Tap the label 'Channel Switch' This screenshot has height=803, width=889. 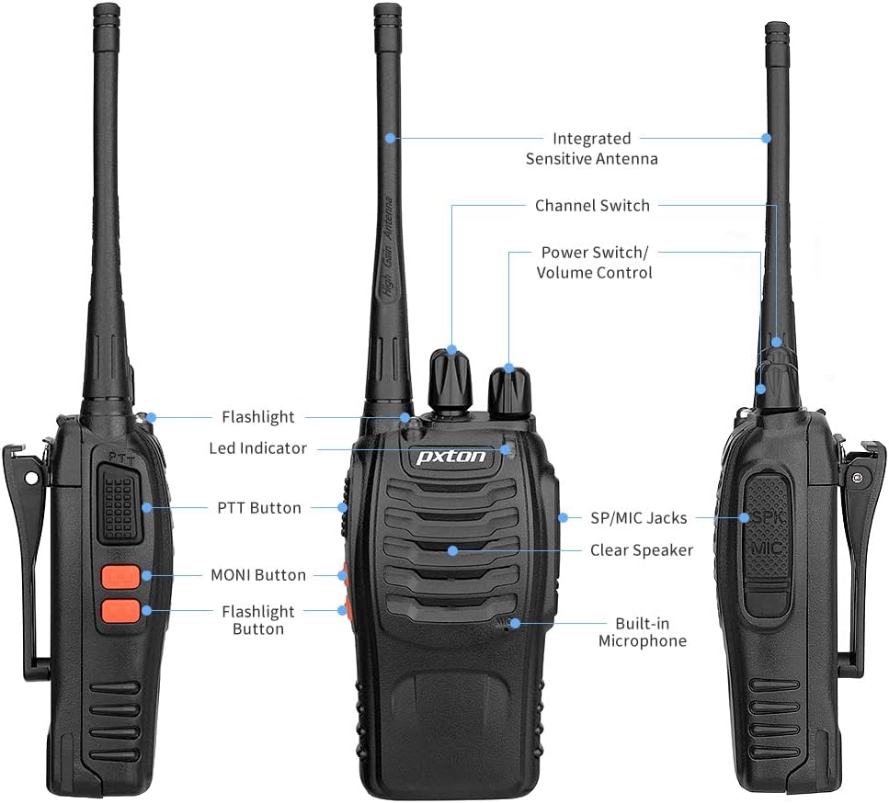tap(592, 206)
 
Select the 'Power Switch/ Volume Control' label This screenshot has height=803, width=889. tap(594, 263)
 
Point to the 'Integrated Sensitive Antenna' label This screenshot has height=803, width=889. tap(591, 149)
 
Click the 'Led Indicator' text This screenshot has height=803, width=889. tap(257, 448)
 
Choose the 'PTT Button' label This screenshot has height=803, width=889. tap(258, 508)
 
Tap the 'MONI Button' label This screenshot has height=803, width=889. tap(257, 575)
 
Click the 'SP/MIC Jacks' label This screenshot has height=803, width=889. tap(638, 518)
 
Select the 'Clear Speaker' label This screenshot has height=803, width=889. tap(642, 550)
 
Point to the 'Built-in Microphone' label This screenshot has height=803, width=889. tap(642, 632)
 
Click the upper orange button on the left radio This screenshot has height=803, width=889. tap(120, 577)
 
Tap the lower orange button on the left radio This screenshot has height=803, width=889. tap(120, 609)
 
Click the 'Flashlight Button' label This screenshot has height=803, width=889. tap(257, 620)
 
